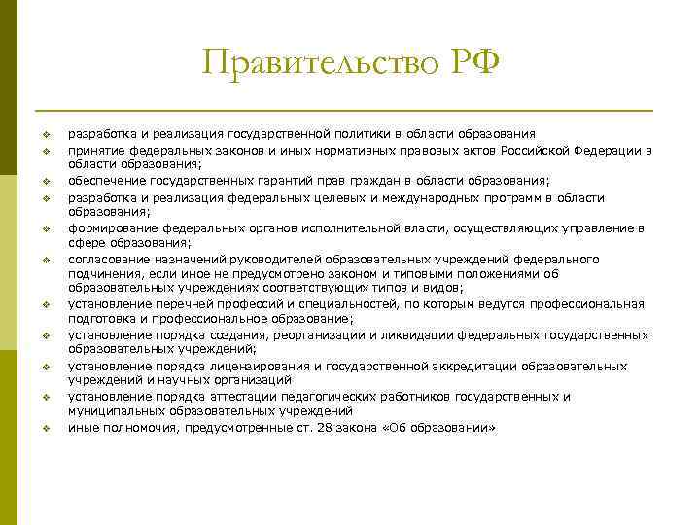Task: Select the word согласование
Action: tap(105, 259)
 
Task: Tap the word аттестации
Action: tap(221, 397)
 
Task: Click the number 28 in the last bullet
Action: tap(311, 427)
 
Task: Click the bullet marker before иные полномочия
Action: tap(46, 428)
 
